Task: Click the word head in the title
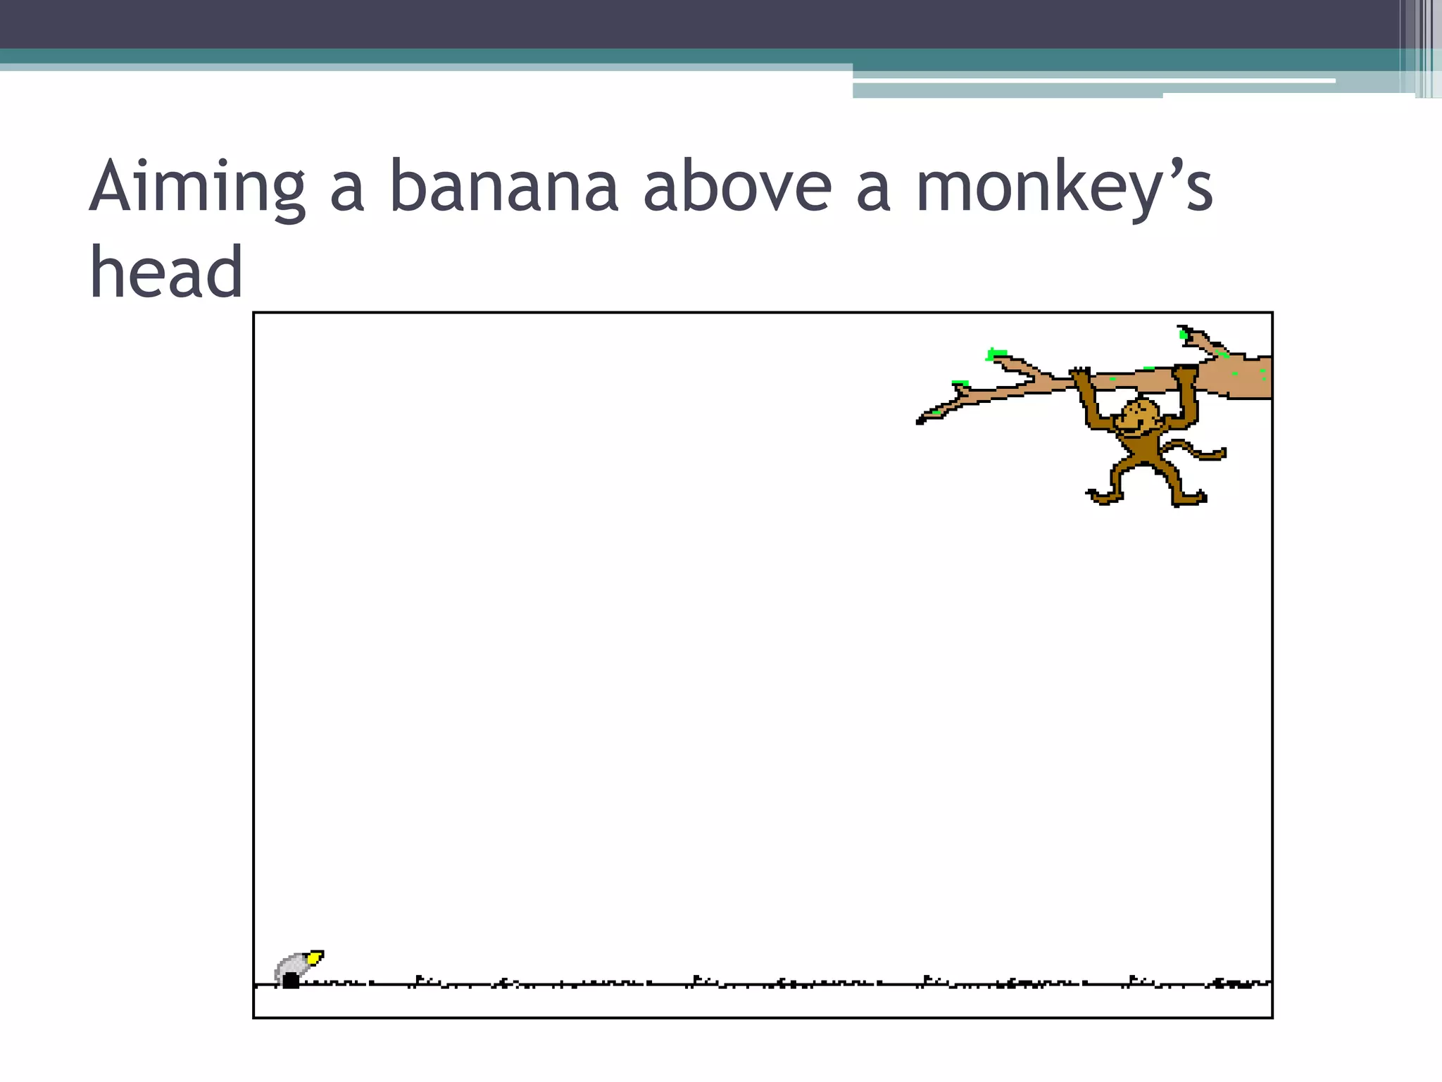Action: [166, 273]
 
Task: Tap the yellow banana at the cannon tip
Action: [315, 957]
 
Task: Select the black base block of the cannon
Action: [290, 980]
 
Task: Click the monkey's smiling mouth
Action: [1129, 428]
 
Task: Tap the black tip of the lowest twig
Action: [920, 421]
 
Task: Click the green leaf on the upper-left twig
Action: [996, 353]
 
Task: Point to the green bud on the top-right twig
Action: [1184, 334]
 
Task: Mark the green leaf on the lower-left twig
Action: [960, 383]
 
